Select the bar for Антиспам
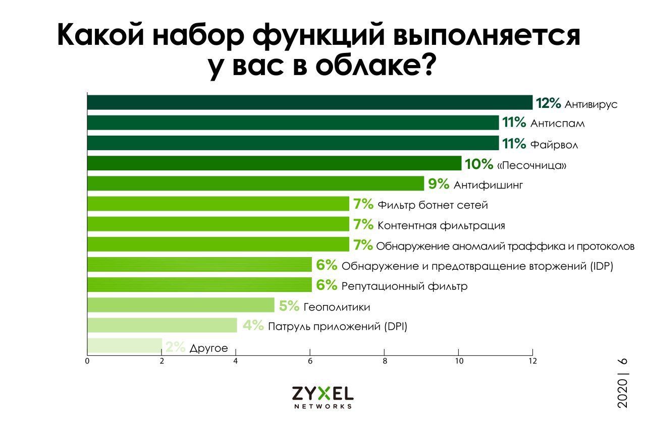(x=293, y=123)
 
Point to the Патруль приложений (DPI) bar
(x=162, y=325)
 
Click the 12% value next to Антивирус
(x=549, y=103)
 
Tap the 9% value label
(x=438, y=185)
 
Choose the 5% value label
(x=290, y=307)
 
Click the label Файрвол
(x=554, y=145)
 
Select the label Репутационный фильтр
(x=404, y=286)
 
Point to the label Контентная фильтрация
(x=441, y=225)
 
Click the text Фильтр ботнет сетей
(x=433, y=205)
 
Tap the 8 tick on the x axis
(x=384, y=361)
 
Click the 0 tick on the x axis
(x=87, y=361)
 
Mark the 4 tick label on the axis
(x=236, y=361)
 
